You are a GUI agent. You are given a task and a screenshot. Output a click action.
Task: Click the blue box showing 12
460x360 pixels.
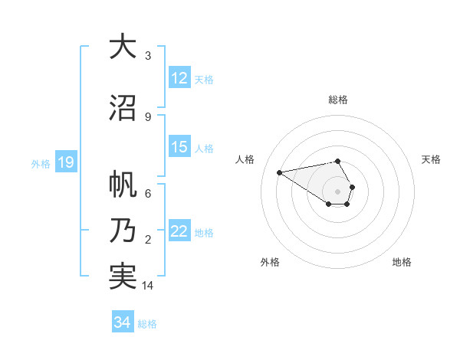(179, 78)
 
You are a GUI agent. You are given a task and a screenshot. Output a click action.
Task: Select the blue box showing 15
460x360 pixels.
(179, 147)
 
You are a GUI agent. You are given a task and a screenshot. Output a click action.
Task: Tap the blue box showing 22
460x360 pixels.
(179, 231)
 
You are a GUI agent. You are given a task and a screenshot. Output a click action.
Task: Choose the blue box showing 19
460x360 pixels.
(65, 162)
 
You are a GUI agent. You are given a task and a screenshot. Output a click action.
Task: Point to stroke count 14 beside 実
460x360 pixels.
(148, 286)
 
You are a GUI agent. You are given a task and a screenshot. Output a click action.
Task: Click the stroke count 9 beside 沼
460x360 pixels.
(148, 117)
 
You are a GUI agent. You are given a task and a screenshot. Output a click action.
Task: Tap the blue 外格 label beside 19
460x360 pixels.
(41, 163)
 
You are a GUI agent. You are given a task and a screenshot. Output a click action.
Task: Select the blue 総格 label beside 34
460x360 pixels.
(148, 324)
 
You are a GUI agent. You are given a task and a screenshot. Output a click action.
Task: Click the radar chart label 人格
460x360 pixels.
(245, 159)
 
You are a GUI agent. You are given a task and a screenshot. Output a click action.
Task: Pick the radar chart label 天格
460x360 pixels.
(431, 159)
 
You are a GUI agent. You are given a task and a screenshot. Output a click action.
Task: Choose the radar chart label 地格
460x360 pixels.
(402, 262)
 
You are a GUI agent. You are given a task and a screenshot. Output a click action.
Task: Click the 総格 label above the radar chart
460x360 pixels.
(337, 100)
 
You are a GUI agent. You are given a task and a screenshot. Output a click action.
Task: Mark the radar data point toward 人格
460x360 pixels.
(279, 172)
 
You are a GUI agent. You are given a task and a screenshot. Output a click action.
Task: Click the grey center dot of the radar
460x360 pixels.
(337, 191)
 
